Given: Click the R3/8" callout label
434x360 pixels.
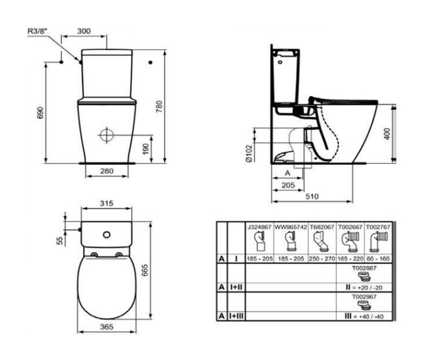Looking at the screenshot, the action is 38,31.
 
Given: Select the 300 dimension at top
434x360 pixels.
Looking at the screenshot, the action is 83,31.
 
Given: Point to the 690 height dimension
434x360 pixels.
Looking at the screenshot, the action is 40,112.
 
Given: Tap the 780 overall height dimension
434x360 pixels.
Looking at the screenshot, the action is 160,107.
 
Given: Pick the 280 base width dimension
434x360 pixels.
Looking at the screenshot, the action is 107,171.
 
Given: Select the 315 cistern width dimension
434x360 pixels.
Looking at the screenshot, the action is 106,203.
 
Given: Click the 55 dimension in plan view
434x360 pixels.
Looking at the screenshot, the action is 60,241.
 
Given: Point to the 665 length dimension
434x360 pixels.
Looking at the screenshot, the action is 145,271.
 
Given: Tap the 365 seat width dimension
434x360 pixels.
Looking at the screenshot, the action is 106,327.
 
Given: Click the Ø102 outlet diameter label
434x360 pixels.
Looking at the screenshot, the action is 249,153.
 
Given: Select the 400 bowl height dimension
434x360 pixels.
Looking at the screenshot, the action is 387,134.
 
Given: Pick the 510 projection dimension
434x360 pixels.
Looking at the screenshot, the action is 312,196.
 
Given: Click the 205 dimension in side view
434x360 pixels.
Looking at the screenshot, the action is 288,185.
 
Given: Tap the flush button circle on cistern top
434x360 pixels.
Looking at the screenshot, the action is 106,235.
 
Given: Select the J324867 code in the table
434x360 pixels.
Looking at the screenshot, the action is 260,227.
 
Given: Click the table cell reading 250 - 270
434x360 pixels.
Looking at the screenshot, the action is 322,259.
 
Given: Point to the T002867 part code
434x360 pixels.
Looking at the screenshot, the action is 364,268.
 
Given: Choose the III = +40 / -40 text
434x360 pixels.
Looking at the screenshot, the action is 364,316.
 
